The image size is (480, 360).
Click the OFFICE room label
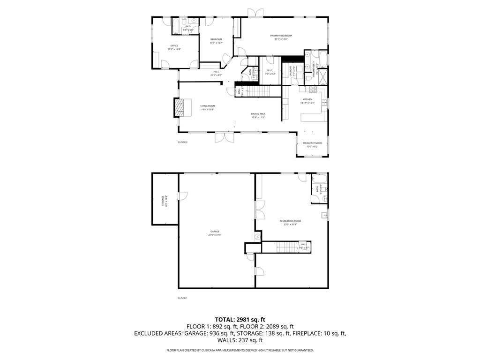click(174, 46)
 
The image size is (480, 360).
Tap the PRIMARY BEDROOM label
click(281, 36)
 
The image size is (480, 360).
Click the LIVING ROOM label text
click(208, 106)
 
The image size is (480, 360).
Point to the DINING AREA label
click(258, 114)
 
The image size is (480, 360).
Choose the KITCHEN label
click(307, 100)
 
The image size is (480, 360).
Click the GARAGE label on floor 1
click(215, 232)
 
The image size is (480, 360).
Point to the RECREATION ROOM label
click(290, 221)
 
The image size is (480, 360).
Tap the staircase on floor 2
click(263, 91)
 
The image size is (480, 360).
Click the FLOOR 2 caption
click(182, 142)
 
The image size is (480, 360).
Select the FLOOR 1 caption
click(182, 298)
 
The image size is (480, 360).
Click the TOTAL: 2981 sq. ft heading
click(240, 319)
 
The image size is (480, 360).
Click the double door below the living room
click(224, 137)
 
